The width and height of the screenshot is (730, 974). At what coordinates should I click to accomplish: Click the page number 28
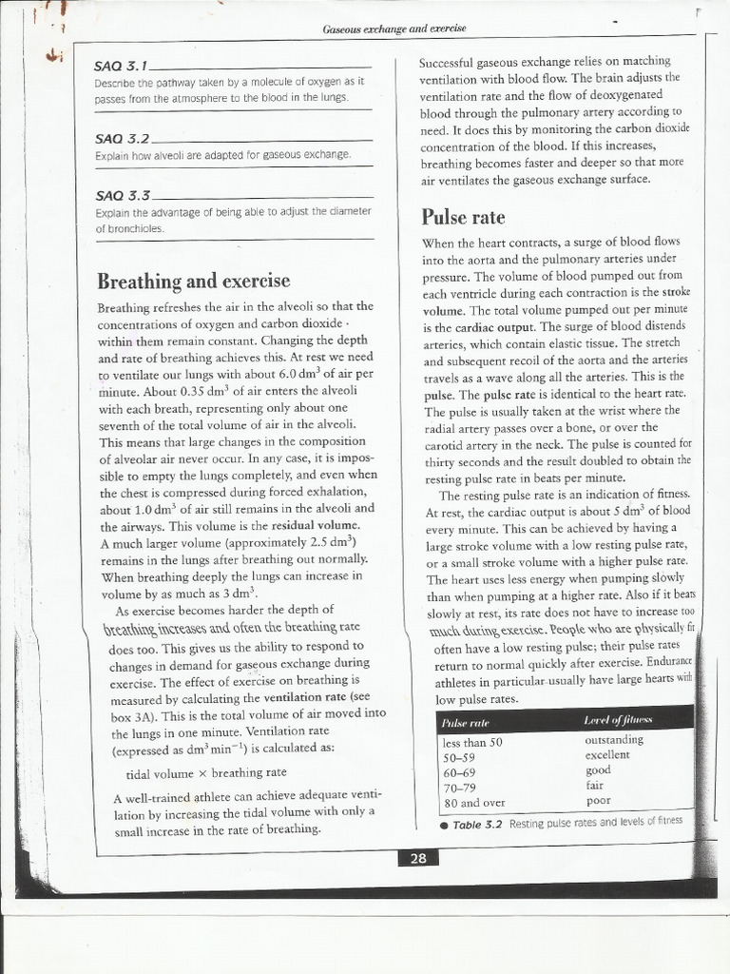tap(418, 858)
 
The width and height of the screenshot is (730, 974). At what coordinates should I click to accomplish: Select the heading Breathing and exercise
tap(193, 281)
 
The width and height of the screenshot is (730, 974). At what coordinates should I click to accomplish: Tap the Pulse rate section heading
tap(462, 217)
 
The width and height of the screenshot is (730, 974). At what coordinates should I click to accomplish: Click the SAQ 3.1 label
tap(122, 67)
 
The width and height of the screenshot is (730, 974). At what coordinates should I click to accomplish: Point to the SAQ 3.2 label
tap(122, 137)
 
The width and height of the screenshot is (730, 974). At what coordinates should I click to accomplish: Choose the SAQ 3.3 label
tap(122, 195)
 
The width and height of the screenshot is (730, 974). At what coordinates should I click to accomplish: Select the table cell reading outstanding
tap(614, 739)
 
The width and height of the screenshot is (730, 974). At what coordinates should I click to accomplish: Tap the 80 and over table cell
tap(474, 803)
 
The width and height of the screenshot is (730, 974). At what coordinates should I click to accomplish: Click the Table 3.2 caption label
tap(476, 824)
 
